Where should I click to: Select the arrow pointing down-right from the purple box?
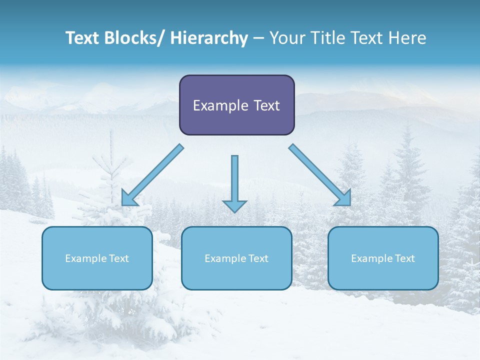tap(320, 175)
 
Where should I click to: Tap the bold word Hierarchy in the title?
tap(209, 38)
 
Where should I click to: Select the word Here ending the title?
tap(407, 38)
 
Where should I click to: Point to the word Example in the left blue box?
tap(85, 258)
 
